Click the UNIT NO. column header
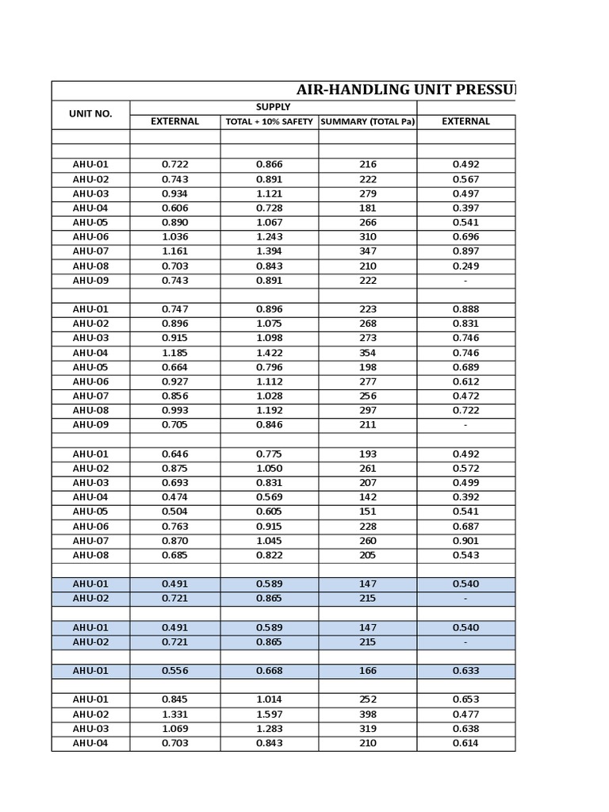click(x=90, y=114)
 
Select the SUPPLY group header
click(x=273, y=107)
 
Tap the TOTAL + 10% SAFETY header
click(x=269, y=122)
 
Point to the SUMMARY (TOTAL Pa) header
click(x=367, y=122)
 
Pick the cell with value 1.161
click(x=174, y=251)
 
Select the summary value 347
click(x=367, y=251)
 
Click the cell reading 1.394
click(x=269, y=251)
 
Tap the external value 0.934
click(x=174, y=194)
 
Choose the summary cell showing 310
click(x=367, y=237)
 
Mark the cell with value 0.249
click(x=465, y=266)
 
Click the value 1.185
click(x=174, y=353)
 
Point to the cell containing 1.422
click(x=269, y=353)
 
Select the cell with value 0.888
click(x=465, y=309)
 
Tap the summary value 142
click(x=367, y=497)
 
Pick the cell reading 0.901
click(x=465, y=541)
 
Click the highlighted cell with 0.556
click(x=174, y=671)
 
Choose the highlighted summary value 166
click(x=367, y=671)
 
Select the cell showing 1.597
click(x=269, y=714)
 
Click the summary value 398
click(x=367, y=714)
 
